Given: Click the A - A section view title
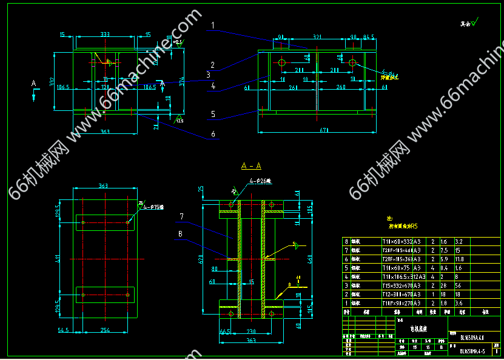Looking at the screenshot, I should (x=250, y=166).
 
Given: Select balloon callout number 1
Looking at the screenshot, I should (x=212, y=26).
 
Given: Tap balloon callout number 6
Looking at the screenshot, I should (x=213, y=134).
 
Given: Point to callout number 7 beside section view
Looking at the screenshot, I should (x=181, y=216).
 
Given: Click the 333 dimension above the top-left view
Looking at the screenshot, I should (x=105, y=34).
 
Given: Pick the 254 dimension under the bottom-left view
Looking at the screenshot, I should (x=106, y=330).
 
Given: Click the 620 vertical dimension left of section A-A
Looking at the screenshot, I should (x=200, y=259).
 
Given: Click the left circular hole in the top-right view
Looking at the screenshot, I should (x=282, y=62).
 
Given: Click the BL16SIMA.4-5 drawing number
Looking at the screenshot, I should (x=471, y=350).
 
